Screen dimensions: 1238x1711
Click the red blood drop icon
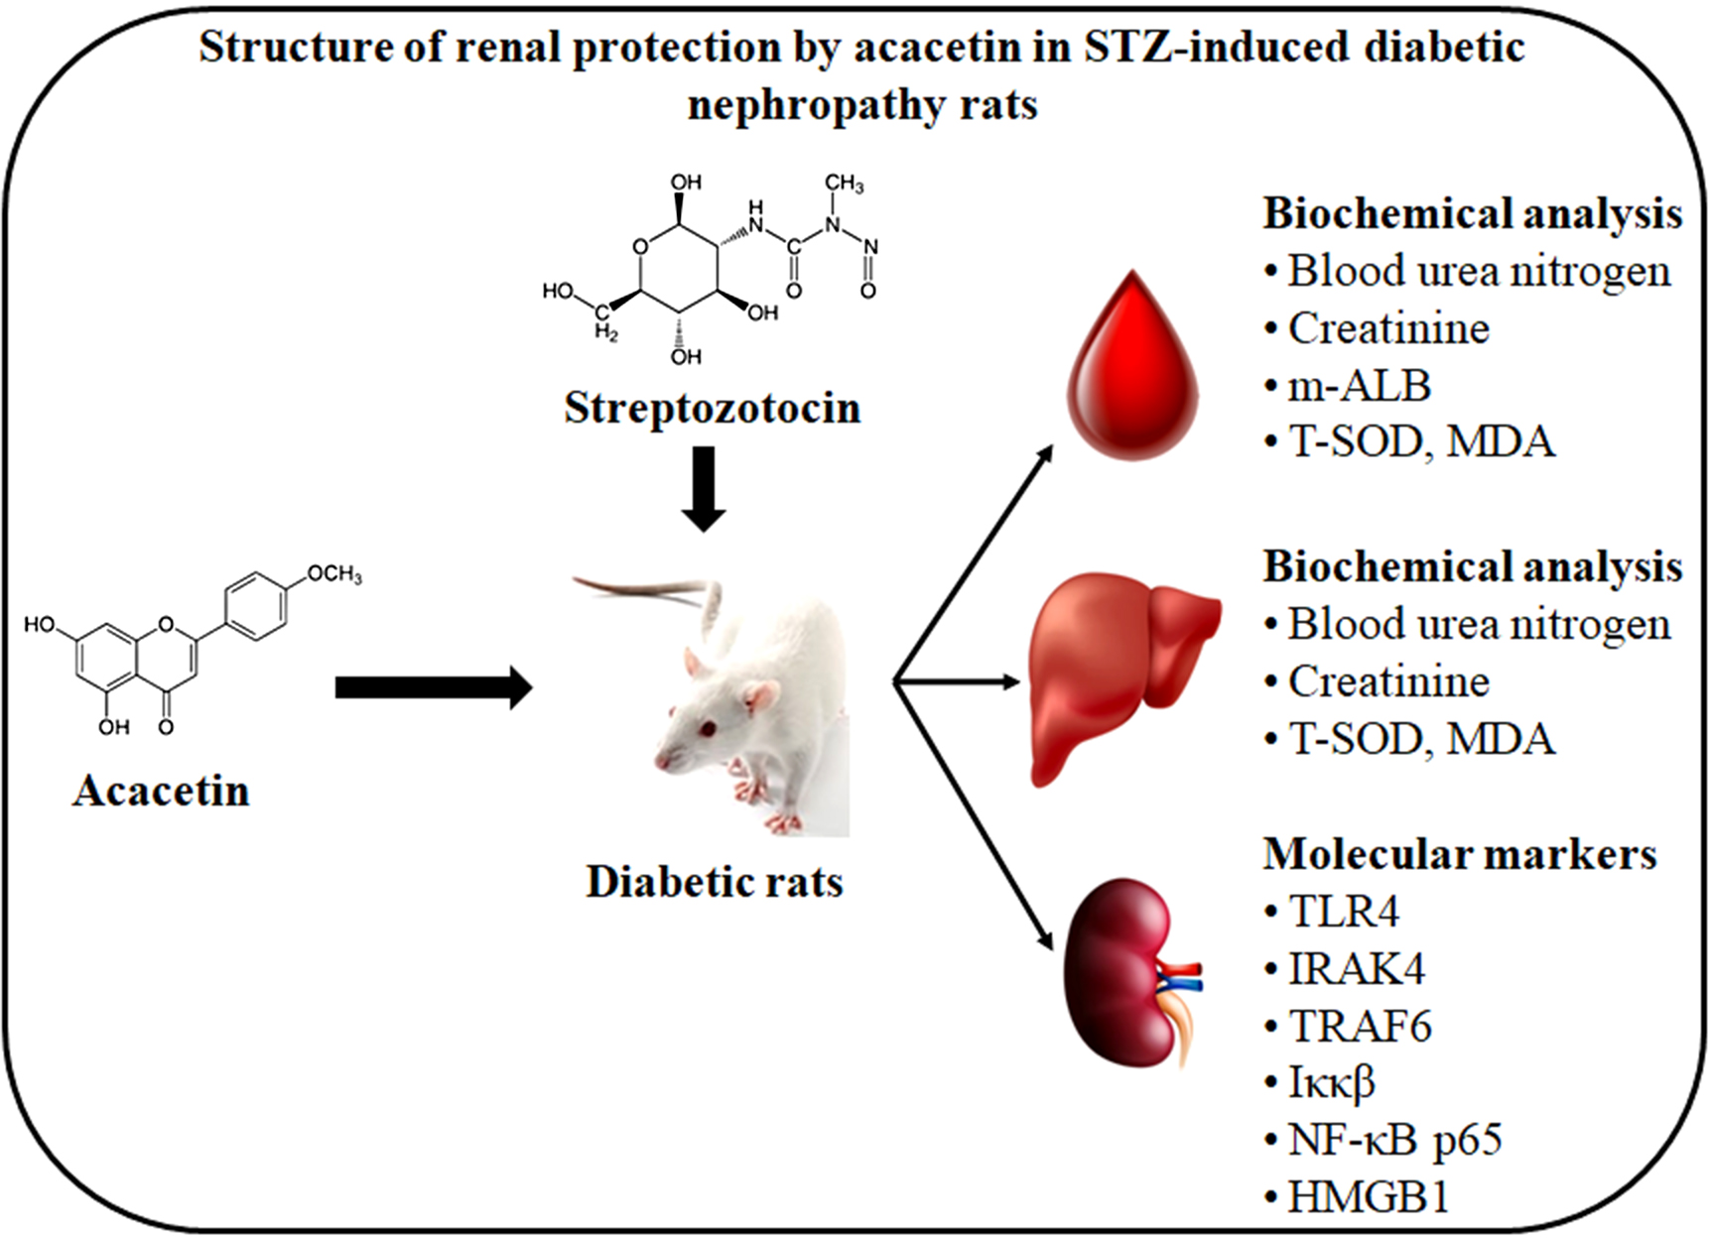click(x=1131, y=377)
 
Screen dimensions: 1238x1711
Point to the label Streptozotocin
click(x=712, y=408)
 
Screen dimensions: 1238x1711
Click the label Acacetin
click(x=161, y=791)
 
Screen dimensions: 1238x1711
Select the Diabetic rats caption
click(x=715, y=882)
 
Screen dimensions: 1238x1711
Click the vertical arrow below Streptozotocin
click(x=704, y=488)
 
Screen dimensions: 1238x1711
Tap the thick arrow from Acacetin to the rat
click(x=434, y=687)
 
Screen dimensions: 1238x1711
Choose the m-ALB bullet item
click(x=1359, y=385)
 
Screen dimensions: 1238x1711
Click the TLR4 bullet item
click(x=1343, y=912)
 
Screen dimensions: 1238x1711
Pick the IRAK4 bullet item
click(x=1356, y=969)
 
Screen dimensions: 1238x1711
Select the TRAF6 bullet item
click(x=1360, y=1027)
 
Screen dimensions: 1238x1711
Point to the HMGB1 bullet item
click(x=1368, y=1197)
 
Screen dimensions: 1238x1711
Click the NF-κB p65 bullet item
click(x=1394, y=1140)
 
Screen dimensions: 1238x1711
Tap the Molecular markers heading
click(x=1459, y=854)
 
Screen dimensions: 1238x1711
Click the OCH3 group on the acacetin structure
click(x=333, y=574)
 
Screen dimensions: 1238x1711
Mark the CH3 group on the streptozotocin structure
click(x=844, y=185)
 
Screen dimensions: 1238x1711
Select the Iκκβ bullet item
click(x=1331, y=1083)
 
